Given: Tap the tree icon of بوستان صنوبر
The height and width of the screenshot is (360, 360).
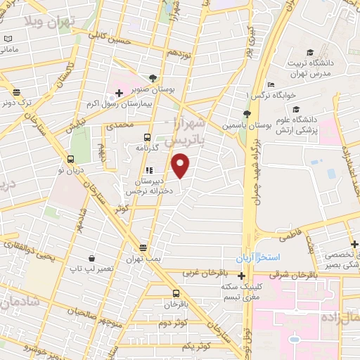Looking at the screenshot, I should tap(154, 78).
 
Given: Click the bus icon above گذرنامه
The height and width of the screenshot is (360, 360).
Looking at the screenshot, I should tap(146, 137).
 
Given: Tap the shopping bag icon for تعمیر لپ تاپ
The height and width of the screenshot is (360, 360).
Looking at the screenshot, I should tap(92, 258).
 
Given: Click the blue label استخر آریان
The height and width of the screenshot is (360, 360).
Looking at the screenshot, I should tap(258, 258).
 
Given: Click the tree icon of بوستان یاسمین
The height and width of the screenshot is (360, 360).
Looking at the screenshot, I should tap(246, 114).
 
